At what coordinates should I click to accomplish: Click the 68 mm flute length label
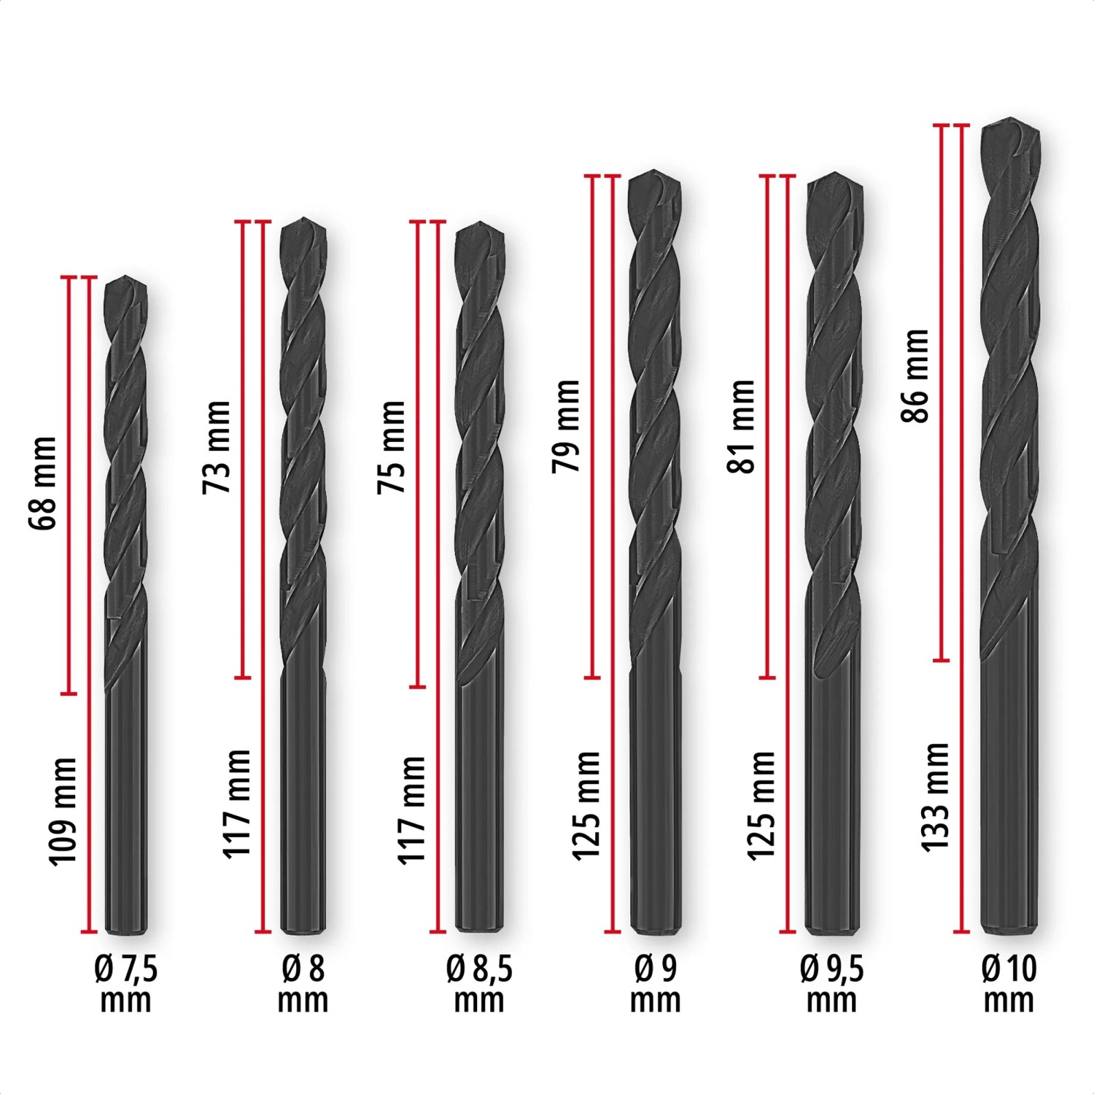42,484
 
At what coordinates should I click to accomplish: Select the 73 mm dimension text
217,447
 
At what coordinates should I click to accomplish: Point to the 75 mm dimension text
392,447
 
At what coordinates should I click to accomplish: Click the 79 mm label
566,426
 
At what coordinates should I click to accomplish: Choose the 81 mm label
741,426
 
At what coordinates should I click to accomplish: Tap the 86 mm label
915,376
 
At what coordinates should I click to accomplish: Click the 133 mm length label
935,797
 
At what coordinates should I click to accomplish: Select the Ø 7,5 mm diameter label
125,984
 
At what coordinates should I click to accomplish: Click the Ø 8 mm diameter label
303,984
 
